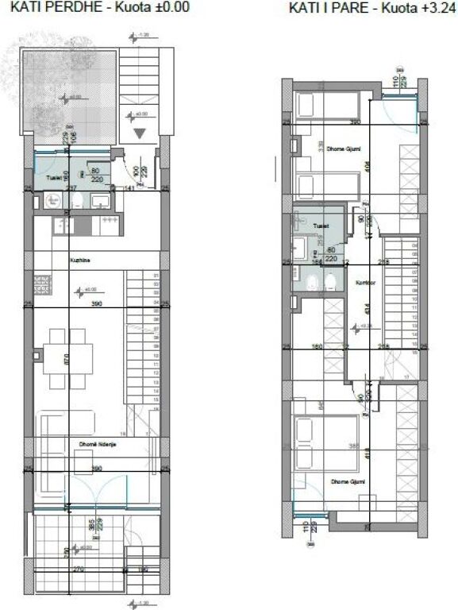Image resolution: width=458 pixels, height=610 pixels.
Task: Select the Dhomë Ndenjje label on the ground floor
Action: (98, 443)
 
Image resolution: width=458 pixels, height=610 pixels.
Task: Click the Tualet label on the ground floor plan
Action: (55, 177)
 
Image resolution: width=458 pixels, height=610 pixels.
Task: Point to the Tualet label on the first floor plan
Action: (321, 226)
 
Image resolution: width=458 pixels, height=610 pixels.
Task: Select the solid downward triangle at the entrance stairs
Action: (141, 133)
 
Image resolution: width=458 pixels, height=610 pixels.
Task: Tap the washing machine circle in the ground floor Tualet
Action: (52, 202)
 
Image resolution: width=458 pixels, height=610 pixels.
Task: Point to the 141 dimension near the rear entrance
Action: (129, 188)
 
